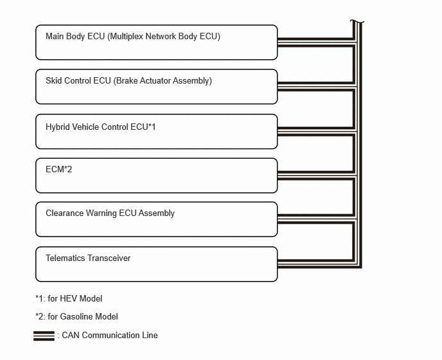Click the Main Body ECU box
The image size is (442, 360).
point(157,42)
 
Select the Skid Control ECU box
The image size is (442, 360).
point(157,87)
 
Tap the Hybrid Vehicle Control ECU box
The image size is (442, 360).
point(157,132)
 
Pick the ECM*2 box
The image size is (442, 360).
point(157,175)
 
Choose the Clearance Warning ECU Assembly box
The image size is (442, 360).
point(157,219)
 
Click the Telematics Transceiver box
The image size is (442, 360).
point(157,264)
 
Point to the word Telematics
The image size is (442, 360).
point(66,258)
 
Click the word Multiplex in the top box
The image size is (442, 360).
point(127,37)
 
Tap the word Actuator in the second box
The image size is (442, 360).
point(155,81)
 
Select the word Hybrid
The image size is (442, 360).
point(58,127)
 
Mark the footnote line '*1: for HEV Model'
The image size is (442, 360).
point(69,298)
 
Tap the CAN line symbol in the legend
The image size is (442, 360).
point(44,336)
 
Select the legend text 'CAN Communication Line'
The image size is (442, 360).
point(110,335)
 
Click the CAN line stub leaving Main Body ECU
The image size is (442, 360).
point(315,42)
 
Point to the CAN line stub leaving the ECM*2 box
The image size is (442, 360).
point(315,175)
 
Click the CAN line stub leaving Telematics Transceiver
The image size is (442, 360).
point(315,264)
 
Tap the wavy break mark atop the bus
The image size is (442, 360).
point(357,21)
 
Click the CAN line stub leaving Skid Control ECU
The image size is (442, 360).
point(315,87)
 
